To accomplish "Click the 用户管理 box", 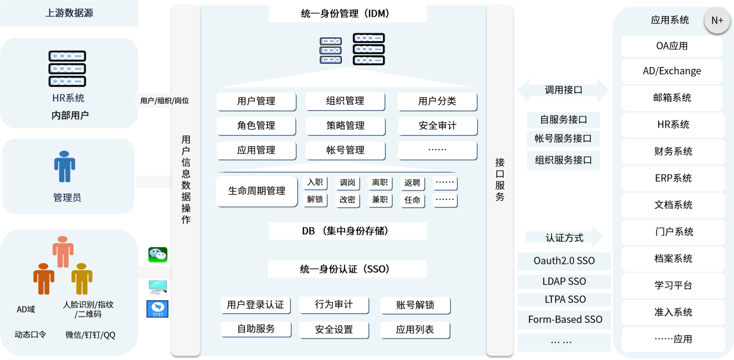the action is tap(256, 101).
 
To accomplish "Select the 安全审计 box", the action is tap(438, 126).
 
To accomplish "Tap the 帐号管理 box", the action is tap(345, 150).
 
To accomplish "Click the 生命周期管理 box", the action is tap(256, 191).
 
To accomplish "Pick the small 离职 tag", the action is tap(380, 183).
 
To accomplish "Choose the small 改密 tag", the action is tap(347, 200).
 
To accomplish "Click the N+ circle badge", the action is tap(717, 20).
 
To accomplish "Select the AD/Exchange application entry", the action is tap(672, 71).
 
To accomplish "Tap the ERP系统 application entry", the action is tap(673, 178).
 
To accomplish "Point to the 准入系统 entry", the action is tap(673, 312).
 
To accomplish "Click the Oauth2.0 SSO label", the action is tap(564, 261).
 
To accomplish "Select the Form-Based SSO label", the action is tap(565, 319).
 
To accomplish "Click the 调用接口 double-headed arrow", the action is tap(563, 90).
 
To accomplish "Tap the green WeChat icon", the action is tap(158, 255).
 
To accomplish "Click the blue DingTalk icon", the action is tap(158, 309).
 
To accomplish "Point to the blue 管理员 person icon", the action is tap(65, 166).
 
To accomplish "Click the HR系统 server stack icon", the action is tap(67, 69).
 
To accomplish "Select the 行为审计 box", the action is tap(334, 305).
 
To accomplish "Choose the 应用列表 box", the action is tap(415, 330).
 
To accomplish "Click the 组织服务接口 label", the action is tap(563, 160).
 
